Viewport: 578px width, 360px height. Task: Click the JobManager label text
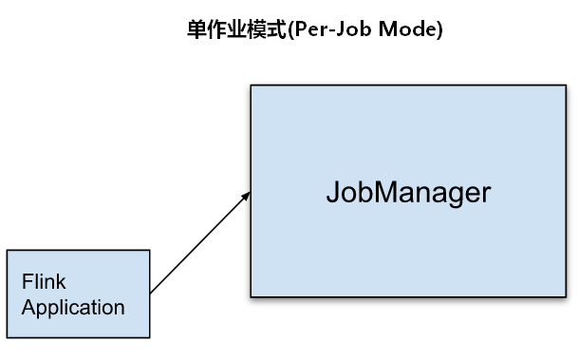408,193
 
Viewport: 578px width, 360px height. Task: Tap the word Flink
44,282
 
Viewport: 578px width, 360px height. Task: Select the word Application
73,308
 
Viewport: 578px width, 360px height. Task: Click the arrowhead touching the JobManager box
246,197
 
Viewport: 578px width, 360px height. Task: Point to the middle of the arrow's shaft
200,243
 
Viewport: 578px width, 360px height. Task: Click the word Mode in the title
407,28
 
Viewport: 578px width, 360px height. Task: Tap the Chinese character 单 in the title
196,29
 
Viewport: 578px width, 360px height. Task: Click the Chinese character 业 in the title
236,29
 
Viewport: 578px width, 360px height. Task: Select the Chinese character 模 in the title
256,29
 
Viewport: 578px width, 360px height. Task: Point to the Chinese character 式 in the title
276,29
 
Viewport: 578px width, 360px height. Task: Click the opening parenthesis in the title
290,29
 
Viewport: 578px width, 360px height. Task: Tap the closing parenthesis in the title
439,29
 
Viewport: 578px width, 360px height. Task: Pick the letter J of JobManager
333,192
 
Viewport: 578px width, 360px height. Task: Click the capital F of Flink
28,282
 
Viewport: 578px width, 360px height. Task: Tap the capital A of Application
29,307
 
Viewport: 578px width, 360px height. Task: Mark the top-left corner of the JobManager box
251,85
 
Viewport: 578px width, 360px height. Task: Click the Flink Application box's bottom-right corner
150,337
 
